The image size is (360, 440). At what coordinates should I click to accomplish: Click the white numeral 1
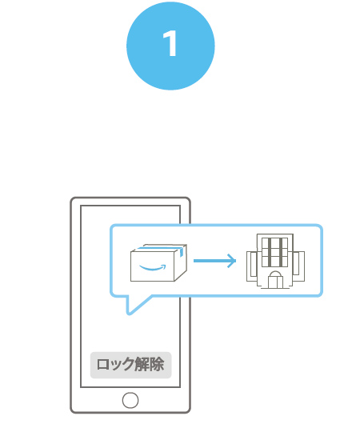coord(170,43)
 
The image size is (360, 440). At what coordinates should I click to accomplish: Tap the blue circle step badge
coord(170,46)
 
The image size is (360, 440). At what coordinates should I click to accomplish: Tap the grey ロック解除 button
coord(130,365)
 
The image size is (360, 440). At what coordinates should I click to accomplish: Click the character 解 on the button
coord(142,365)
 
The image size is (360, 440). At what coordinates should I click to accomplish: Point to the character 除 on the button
coord(157,365)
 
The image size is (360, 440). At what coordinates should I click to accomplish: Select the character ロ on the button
coord(103,365)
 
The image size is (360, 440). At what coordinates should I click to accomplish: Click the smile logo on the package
coord(153,267)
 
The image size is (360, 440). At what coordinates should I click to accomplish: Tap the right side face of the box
coord(181,264)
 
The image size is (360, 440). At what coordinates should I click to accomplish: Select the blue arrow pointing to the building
coord(214,261)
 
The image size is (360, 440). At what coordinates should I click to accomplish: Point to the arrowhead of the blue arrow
coord(232,261)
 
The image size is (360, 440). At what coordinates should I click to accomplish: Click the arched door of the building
coord(275,280)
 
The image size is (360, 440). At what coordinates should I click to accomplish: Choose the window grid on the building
coord(274,253)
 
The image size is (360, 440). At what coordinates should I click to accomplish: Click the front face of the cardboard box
coord(153,266)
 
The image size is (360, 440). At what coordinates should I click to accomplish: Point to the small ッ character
coord(115,366)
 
